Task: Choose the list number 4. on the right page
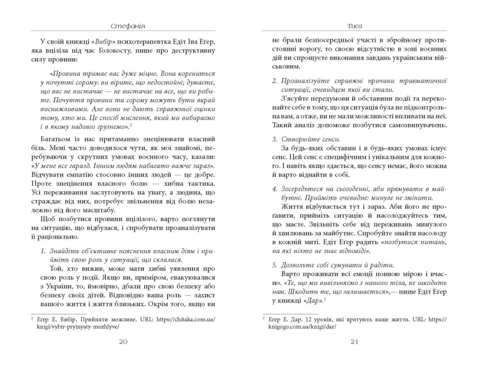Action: coord(274,188)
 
